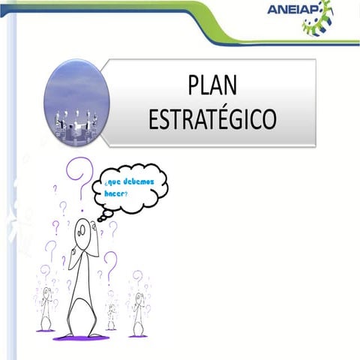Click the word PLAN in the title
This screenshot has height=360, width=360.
[x=212, y=86]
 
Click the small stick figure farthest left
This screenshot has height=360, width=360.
[x=46, y=307]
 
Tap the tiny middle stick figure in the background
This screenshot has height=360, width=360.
[x=111, y=315]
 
